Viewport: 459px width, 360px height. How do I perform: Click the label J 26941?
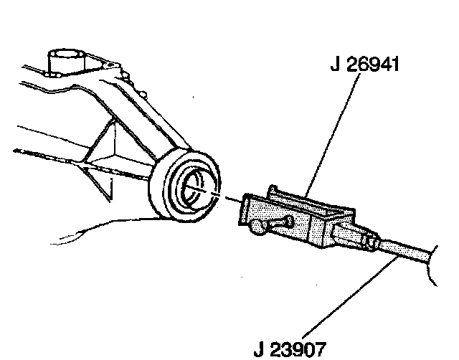click(x=364, y=66)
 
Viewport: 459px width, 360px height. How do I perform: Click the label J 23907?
click(x=290, y=351)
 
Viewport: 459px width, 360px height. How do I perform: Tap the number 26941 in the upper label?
click(x=373, y=66)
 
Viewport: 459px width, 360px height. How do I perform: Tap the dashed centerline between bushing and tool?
click(x=228, y=199)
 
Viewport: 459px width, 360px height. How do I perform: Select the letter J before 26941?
click(x=335, y=66)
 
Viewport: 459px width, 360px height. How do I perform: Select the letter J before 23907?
click(x=260, y=351)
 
